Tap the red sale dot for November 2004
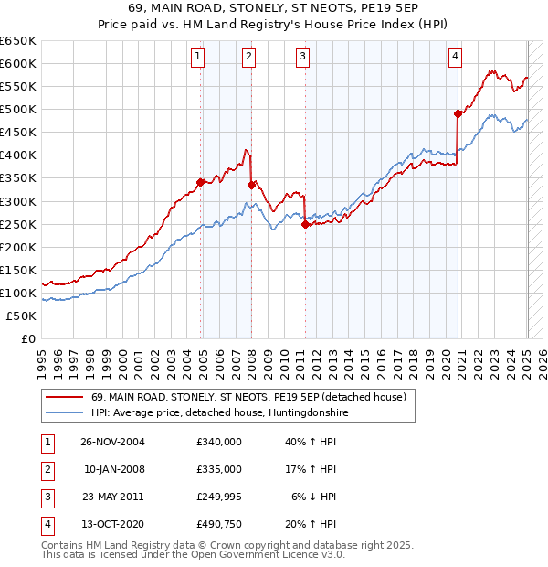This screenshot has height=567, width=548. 200,182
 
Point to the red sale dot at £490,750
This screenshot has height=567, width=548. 458,113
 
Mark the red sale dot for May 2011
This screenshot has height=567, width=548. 305,224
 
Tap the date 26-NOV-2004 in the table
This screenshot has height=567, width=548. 112,442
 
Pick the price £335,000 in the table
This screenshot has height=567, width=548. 219,469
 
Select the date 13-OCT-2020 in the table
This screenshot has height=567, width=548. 112,525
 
